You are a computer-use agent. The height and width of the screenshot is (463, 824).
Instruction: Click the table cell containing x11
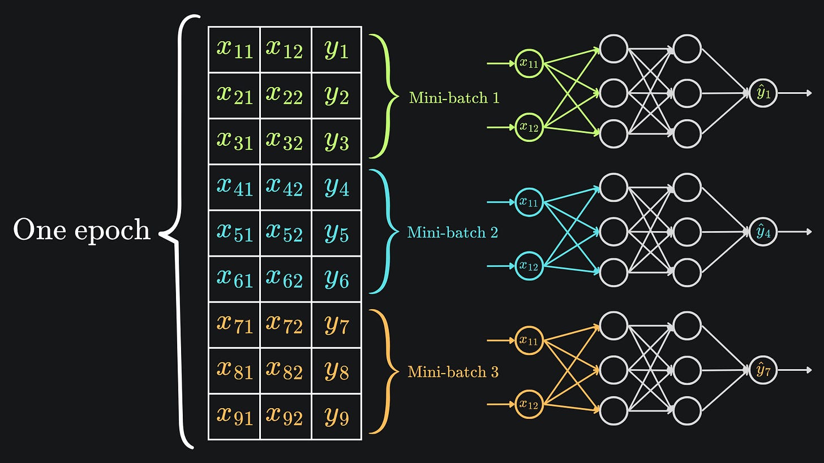pos(234,50)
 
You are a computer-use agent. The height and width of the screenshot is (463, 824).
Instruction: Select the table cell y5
pos(337,233)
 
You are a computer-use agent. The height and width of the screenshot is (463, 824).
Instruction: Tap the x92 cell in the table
pos(285,417)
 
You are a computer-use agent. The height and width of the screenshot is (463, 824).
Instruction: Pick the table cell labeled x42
pos(285,187)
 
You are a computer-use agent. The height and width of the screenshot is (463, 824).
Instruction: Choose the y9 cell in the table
pos(337,417)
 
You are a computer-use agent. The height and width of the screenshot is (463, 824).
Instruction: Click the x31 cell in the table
pos(234,141)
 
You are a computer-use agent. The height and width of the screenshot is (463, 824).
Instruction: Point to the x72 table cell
pos(285,324)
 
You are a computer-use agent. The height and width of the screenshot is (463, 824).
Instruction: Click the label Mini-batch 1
pos(454,98)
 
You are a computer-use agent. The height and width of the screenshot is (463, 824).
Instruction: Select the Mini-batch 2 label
pos(453,232)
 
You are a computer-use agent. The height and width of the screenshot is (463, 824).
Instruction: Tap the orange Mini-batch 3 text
pos(453,371)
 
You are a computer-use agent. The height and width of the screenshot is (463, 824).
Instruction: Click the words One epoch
pos(81,231)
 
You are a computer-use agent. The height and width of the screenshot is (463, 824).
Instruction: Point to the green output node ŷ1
pos(763,93)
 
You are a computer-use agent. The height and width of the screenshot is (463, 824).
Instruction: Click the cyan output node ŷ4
pos(763,232)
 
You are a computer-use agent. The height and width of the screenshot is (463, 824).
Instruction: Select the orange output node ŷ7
pos(763,370)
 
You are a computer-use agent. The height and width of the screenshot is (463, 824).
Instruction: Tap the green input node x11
pos(529,63)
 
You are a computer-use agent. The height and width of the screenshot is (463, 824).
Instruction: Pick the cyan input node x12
pos(529,266)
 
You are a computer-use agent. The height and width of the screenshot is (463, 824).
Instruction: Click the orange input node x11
pos(529,340)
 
